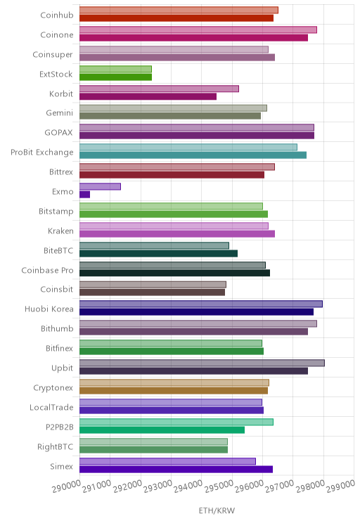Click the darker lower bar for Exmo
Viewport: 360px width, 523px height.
tap(85, 195)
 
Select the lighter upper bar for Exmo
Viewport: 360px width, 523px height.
tap(100, 186)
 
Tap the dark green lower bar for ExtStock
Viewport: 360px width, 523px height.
tap(115, 77)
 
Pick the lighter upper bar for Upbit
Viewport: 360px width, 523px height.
tap(202, 363)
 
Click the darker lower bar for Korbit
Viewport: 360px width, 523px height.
tap(148, 96)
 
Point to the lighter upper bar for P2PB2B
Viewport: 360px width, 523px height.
tap(176, 422)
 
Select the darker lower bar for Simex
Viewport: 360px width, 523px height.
tap(176, 470)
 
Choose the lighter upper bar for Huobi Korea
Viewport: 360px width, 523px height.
tap(201, 304)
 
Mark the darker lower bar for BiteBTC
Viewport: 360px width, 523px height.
tap(158, 254)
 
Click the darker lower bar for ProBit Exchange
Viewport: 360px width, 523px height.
tap(193, 155)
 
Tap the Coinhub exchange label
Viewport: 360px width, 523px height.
tap(57, 15)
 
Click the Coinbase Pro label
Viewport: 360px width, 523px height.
tap(47, 270)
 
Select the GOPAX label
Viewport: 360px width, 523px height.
tap(59, 132)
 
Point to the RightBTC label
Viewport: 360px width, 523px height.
tap(55, 446)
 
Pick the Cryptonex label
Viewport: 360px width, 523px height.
tap(53, 387)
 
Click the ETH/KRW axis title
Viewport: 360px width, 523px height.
tap(217, 510)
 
